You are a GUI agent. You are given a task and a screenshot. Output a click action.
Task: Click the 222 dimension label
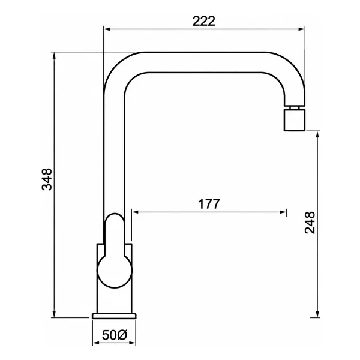click(x=203, y=21)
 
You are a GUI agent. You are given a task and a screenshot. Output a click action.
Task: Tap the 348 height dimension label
click(x=47, y=179)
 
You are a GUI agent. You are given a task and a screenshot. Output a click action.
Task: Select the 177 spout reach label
click(x=209, y=204)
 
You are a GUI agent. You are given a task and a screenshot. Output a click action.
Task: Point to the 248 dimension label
click(x=310, y=223)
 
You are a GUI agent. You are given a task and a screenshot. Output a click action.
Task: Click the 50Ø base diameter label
click(x=115, y=335)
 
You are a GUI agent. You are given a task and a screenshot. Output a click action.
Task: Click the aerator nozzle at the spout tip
click(x=295, y=120)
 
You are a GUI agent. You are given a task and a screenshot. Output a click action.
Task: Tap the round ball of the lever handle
click(x=115, y=271)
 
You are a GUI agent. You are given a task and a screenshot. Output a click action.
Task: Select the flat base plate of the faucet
click(x=114, y=316)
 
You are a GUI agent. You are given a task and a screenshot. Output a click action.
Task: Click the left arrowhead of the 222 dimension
click(x=107, y=29)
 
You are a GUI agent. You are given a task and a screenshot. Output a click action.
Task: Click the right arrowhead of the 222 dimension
click(x=301, y=29)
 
